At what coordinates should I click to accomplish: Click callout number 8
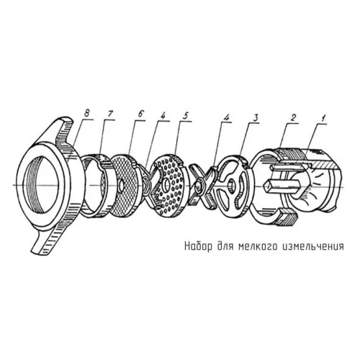[x=86, y=113]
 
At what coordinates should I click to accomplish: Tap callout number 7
[x=112, y=113]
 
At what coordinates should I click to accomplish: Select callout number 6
[x=140, y=114]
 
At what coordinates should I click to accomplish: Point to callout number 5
[x=186, y=115]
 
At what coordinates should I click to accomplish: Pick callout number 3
[x=255, y=117]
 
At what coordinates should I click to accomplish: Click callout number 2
[x=293, y=117]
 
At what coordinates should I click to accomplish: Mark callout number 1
[x=323, y=118]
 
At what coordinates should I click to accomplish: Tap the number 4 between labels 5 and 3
[x=226, y=117]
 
